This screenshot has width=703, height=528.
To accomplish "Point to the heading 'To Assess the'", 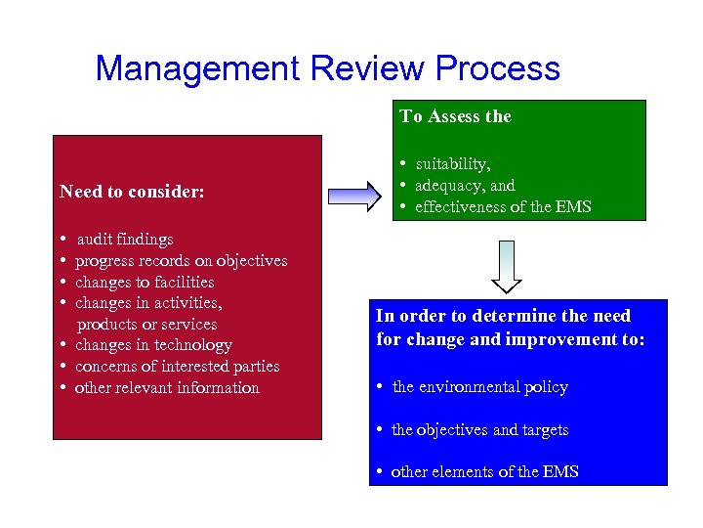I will click(455, 116).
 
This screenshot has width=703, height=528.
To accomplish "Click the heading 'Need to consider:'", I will click(132, 192).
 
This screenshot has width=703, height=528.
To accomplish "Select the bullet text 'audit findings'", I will click(125, 239).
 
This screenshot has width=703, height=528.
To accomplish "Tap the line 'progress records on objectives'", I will click(181, 260).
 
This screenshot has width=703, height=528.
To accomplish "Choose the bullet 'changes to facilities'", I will click(145, 282).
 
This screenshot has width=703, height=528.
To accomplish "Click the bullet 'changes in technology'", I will click(153, 344).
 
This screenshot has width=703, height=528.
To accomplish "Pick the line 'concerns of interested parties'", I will click(177, 366).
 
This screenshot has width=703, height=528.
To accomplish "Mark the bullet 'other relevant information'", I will click(167, 387).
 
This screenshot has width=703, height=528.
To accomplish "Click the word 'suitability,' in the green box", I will click(453, 163).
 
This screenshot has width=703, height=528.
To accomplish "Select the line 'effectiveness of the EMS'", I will click(503, 206).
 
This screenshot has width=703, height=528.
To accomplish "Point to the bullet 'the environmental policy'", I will click(479, 386).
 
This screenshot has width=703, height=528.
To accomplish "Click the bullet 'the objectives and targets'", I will click(479, 429).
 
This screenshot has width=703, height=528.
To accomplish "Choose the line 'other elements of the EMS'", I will click(484, 471).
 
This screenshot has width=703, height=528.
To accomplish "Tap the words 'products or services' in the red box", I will click(147, 324).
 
